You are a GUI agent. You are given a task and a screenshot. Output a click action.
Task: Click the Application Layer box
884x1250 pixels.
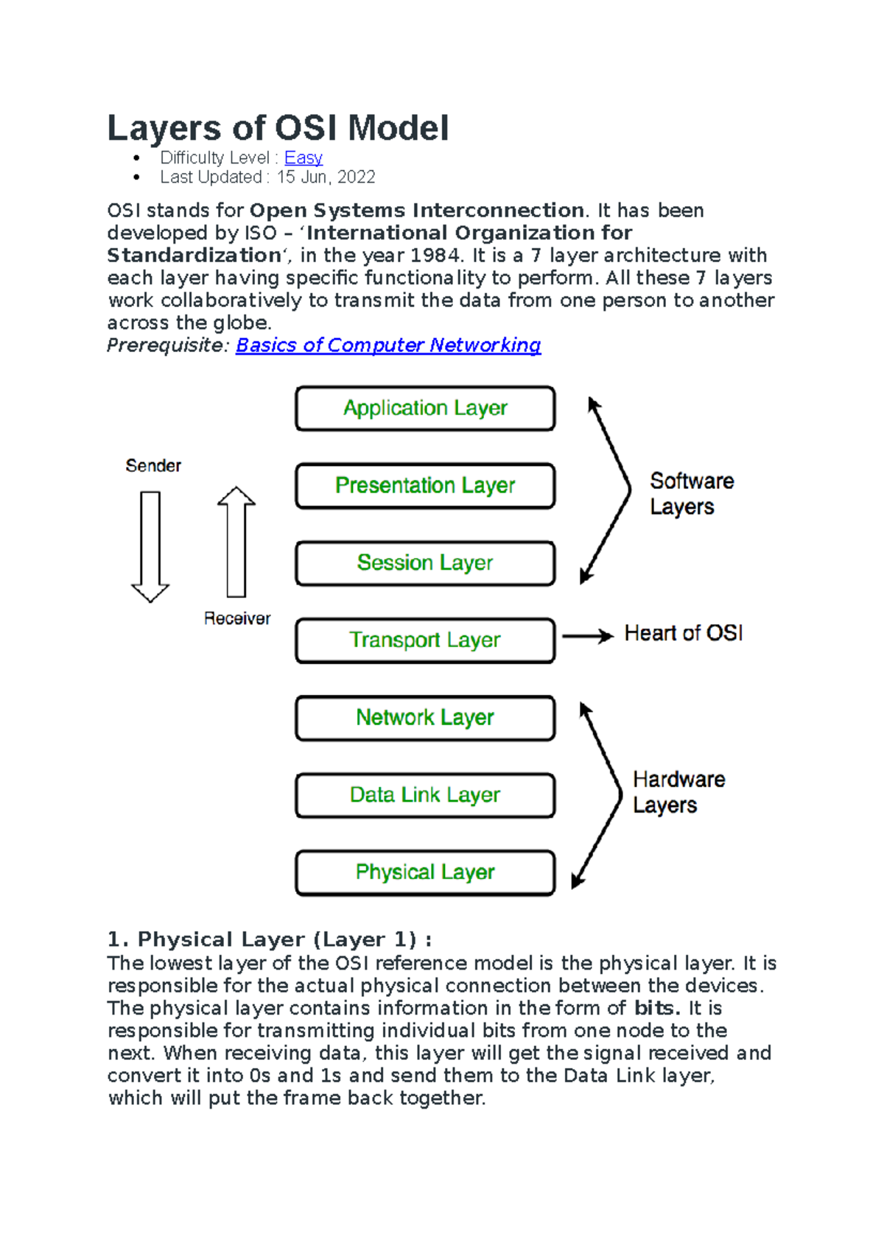coord(425,409)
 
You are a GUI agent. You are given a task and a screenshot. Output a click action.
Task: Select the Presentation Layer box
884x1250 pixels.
coord(425,486)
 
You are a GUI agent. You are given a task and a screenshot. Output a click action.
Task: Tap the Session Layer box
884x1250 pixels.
coord(425,563)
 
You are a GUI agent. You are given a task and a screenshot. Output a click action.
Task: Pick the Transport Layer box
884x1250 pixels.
coord(425,640)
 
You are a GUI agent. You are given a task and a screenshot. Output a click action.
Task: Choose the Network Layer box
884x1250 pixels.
coord(425,718)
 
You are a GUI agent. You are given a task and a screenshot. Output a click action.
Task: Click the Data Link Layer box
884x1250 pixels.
coord(425,795)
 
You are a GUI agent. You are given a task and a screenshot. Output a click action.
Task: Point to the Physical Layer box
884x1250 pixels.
coord(425,872)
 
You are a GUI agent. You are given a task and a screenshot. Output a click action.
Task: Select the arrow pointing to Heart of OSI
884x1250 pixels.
coord(587,636)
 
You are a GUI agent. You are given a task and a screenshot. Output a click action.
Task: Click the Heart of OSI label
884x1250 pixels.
coord(684,633)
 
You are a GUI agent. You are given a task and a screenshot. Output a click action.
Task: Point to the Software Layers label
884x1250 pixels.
coord(691,494)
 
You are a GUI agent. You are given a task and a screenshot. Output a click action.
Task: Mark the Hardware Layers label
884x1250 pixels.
coord(678,792)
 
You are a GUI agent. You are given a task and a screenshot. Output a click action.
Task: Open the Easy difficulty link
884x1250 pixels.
coord(304,158)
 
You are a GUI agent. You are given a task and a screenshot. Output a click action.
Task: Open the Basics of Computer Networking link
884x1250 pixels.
coord(388,345)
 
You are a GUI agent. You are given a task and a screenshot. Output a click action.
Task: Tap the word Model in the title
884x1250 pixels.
coord(398,128)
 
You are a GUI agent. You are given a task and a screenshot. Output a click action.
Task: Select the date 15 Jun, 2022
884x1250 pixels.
coord(326,177)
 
